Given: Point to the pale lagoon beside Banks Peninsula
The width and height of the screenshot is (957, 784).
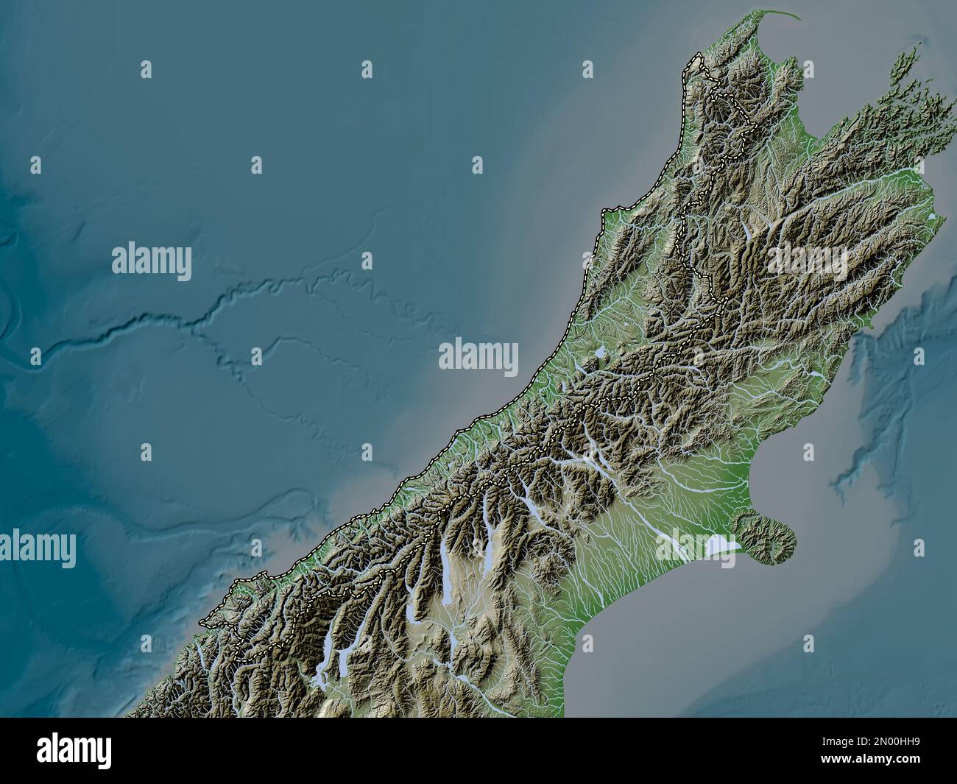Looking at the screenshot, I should pyautogui.click(x=717, y=545).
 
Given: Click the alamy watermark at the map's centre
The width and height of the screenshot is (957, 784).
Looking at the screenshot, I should pyautogui.click(x=478, y=357).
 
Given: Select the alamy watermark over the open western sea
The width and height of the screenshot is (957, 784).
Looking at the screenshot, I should pyautogui.click(x=152, y=261).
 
